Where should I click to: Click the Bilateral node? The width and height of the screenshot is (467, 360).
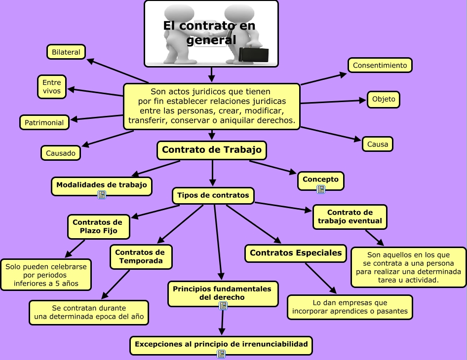pos(66,52)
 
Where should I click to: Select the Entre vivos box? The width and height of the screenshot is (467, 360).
pos(52,87)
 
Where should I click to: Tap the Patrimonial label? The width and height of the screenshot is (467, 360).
pos(44,122)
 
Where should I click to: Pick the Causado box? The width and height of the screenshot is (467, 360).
pos(61,153)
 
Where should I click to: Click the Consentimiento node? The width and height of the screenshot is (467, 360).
pos(380,65)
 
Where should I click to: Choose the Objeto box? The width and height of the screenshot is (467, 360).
pos(384,99)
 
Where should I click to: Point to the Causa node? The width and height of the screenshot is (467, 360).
pos(378,144)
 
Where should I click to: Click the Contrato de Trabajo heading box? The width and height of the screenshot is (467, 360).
pos(212,150)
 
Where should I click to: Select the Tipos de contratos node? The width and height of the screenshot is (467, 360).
pos(213,195)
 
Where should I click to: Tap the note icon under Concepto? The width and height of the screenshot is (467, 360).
pos(321,189)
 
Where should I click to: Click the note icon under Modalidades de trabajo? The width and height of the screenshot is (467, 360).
pos(102,195)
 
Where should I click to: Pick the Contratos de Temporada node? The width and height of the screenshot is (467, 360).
pos(141,256)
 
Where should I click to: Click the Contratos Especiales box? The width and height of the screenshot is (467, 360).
pos(296,253)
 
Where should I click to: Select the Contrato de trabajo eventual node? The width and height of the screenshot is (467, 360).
pos(350,216)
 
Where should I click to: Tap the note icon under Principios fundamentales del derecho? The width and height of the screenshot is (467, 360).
pos(223,306)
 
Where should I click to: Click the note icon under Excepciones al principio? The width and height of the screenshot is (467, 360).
pos(221,353)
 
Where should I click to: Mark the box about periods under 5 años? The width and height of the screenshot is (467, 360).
pos(46,275)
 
